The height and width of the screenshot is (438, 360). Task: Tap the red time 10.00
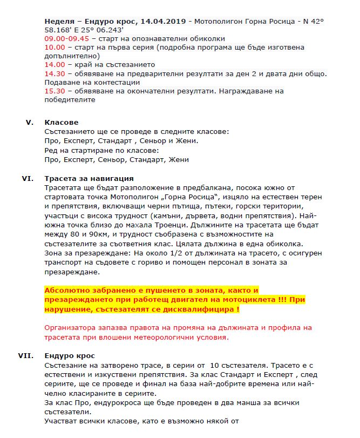coord(55,48)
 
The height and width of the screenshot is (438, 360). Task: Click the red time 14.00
coord(55,65)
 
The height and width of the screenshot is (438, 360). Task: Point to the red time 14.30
coord(55,73)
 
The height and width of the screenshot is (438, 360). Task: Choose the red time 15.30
coord(55,91)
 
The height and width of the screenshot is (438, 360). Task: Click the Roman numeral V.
coord(30,123)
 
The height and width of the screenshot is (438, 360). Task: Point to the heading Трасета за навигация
coord(89,178)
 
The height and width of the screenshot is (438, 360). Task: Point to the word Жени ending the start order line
coord(179,160)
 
